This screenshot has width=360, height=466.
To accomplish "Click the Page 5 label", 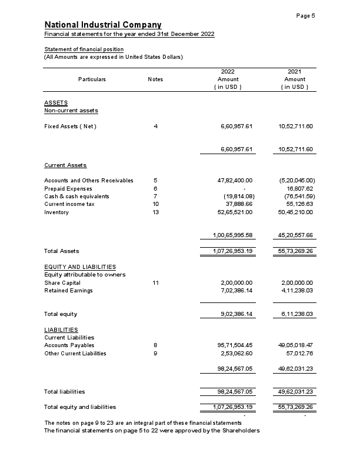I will coord(305,15).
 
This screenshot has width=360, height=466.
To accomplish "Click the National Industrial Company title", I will coord(103,25).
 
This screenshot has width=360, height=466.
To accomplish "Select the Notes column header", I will coord(155,79).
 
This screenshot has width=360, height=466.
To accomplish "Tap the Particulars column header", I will coord(92,79).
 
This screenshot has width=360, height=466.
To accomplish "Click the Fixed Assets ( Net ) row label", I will coord(70,127).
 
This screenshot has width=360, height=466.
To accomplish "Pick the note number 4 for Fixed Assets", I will coord(155,127).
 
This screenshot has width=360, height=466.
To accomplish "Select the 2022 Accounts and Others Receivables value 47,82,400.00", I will coord(235,180).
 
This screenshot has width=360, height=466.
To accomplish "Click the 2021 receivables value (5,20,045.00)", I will coord(297,180).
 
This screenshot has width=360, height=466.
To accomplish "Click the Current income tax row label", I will coord(69,204).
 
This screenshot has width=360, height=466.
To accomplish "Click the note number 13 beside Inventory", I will coord(155,212).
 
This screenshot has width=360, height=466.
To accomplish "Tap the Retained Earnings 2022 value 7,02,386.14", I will coord(236,291).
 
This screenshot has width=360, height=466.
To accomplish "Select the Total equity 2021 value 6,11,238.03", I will coord(297,314).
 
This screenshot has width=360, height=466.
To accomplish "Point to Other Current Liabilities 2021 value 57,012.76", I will coord(299,354).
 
